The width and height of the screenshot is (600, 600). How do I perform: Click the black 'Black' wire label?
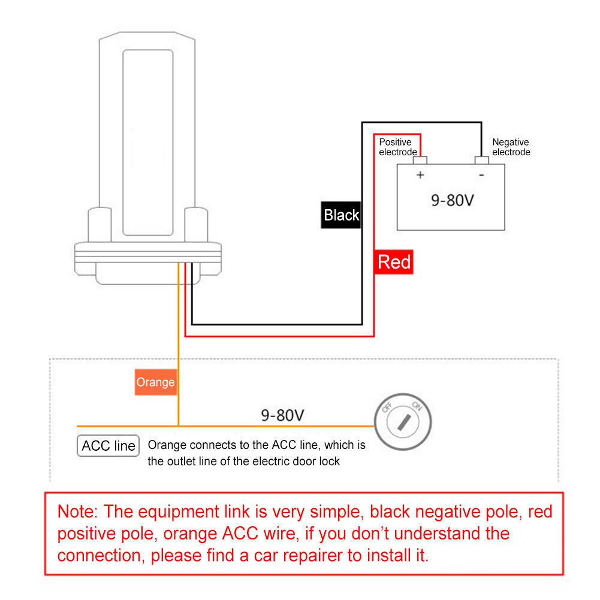coord(340,215)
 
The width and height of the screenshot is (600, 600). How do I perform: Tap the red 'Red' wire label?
coord(394,262)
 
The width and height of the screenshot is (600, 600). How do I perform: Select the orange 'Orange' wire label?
coord(155,382)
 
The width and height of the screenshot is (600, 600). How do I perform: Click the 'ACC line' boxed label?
coord(108,446)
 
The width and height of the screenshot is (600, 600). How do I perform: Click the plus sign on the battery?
coord(420,175)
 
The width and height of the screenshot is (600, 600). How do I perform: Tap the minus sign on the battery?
coord(481,175)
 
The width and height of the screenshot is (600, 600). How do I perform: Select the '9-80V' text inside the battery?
coord(452,200)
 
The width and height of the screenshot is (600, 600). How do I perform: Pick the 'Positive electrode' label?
coord(396,147)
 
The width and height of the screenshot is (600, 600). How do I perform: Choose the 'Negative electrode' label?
coord(511,147)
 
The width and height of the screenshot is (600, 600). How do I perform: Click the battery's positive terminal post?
coord(421,160)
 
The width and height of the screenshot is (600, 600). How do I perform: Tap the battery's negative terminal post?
coord(482,160)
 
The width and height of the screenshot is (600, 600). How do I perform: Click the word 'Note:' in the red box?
coord(77,511)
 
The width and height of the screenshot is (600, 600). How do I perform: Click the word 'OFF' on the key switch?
coord(387,407)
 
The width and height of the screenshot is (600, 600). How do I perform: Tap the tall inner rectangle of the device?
coord(148,142)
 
